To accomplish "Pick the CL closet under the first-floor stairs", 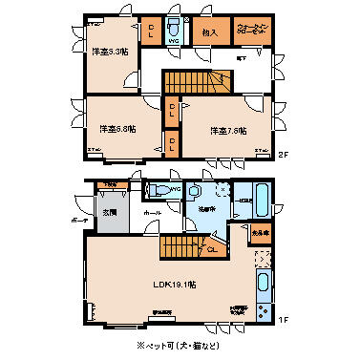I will pos(214,250).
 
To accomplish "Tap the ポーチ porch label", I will pos(80,219).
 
